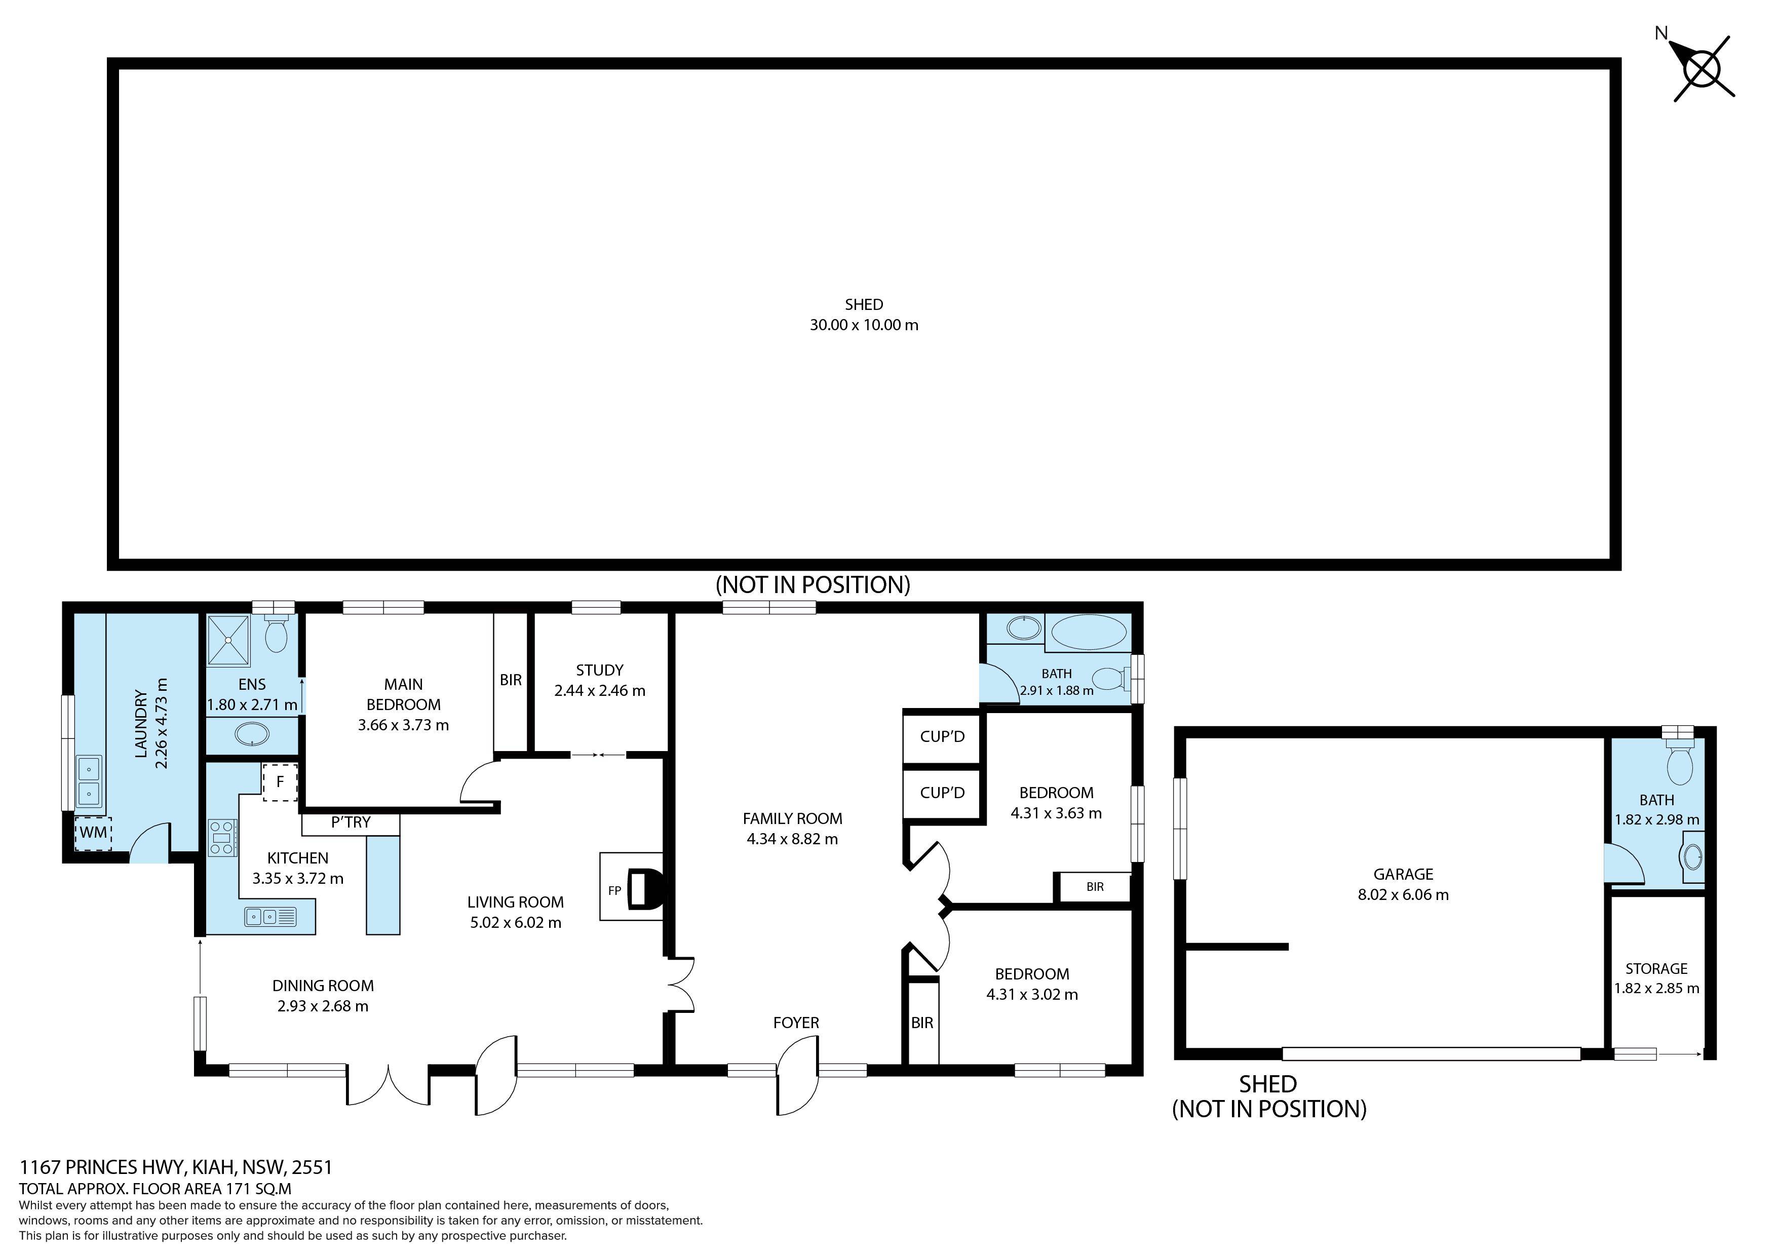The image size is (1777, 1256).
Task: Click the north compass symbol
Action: coord(1702,70)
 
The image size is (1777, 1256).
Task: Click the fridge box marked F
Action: coord(280,782)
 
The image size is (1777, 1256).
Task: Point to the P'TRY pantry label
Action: coord(351,822)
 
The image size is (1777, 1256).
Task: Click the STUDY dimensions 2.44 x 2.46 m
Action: coord(600,690)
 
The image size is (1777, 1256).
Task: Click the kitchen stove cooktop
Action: coord(222,837)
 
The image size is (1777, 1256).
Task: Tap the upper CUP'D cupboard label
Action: coord(942,737)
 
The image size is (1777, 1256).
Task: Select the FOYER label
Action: coord(796,1023)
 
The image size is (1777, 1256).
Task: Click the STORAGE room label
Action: coord(1656,968)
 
